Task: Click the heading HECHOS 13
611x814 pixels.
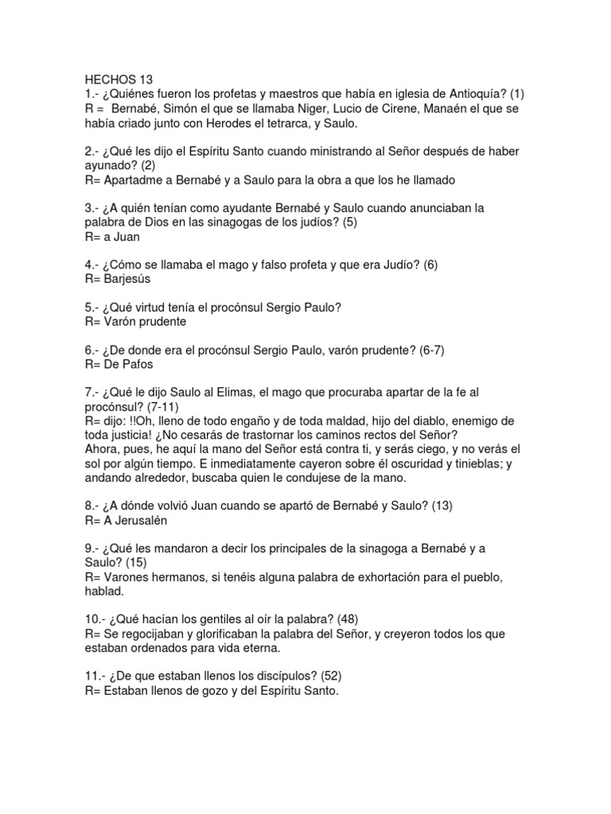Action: pos(118,79)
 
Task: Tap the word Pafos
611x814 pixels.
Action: pos(136,365)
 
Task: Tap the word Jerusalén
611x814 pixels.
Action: pos(141,521)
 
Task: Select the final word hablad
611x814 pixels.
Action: pos(104,592)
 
